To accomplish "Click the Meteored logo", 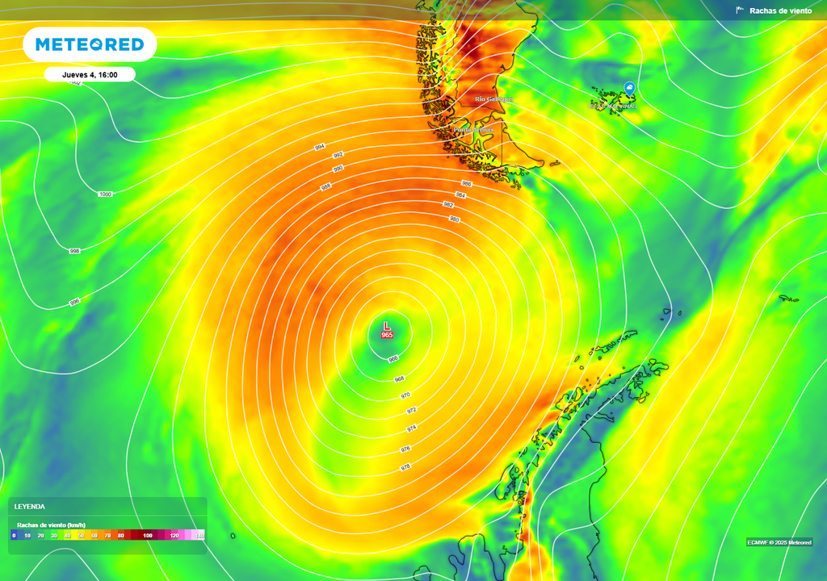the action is [89, 44].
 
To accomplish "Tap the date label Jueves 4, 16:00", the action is [90, 75].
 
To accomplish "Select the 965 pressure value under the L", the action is [387, 335].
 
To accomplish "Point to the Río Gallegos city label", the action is [493, 99].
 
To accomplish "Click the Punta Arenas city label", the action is [474, 130].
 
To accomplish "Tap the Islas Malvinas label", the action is [613, 106].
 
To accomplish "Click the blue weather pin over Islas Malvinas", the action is [628, 89].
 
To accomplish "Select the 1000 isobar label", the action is [105, 194].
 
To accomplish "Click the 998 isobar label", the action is [75, 251].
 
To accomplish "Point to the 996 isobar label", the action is [75, 302].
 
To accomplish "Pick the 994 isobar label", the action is [320, 147].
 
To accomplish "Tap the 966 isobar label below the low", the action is [393, 359].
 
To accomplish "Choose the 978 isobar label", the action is [405, 467].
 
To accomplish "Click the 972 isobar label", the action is [411, 411].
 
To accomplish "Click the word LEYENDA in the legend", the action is [30, 507].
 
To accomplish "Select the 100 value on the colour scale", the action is [148, 536].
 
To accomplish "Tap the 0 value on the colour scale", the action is [14, 536].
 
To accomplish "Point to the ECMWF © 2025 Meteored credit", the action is [779, 542].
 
